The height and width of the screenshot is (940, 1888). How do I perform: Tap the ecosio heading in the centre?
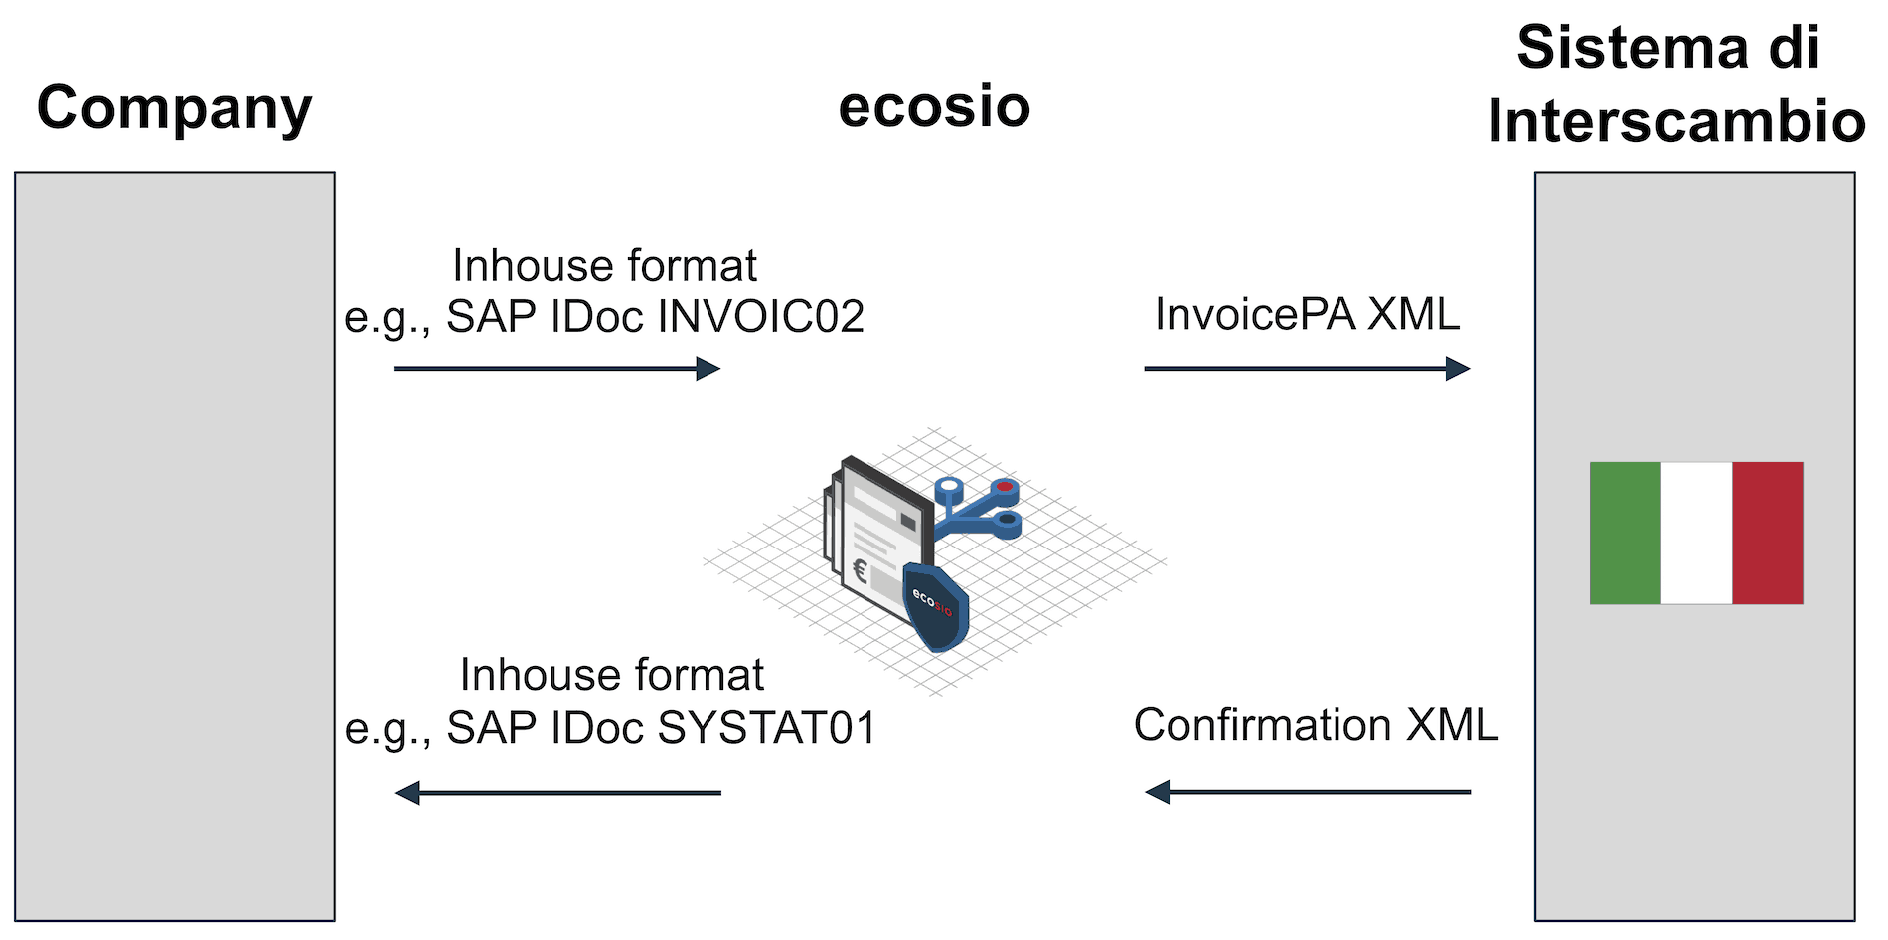934,106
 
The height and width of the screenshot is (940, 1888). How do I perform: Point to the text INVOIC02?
761,317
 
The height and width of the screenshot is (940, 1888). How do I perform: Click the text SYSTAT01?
767,728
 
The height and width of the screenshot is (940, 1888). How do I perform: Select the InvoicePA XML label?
1307,315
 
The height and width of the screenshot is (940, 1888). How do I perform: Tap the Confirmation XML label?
1316,725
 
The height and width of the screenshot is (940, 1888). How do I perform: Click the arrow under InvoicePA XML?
1307,369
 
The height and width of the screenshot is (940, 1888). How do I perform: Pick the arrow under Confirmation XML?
1307,792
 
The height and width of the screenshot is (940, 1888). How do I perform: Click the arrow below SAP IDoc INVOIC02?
556,369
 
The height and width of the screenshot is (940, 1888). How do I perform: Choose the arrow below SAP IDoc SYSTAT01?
557,793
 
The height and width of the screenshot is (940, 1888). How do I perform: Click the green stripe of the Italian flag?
1626,533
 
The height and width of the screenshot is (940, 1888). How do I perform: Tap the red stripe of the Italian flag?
1767,533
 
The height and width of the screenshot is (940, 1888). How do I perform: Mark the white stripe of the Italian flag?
1696,533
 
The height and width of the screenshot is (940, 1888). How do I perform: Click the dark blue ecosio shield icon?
934,606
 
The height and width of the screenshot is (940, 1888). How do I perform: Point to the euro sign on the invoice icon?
861,571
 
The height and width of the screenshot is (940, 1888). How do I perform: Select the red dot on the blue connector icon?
1006,487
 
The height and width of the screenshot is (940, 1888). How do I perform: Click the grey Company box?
175,547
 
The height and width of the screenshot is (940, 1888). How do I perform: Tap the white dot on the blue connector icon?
950,487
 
